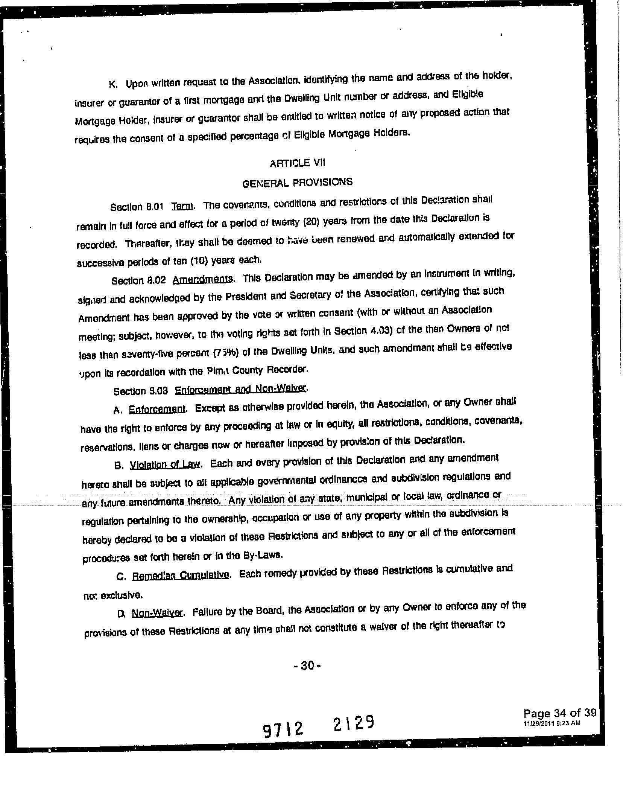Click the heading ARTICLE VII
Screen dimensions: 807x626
[298, 163]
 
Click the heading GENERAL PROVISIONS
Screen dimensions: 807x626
[298, 183]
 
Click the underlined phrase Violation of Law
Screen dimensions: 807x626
[164, 464]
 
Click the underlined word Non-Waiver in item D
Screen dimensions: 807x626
[157, 613]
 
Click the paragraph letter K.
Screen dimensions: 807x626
[112, 84]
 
